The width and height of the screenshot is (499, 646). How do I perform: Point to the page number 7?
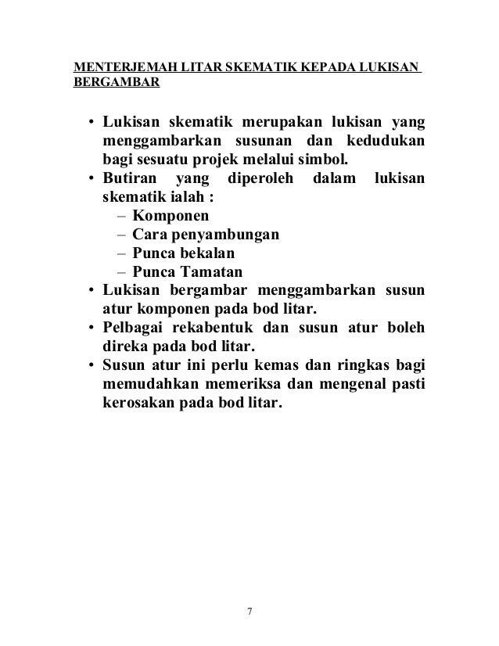click(249, 611)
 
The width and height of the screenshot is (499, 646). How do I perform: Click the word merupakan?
click(281, 124)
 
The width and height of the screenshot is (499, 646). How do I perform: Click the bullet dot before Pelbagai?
click(92, 328)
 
